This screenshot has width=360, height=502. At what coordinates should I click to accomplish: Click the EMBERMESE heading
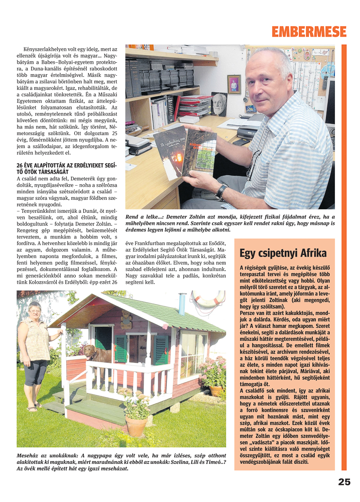308,32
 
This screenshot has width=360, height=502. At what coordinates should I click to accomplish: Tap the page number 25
344,482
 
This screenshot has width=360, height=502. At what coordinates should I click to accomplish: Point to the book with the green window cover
201,153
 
